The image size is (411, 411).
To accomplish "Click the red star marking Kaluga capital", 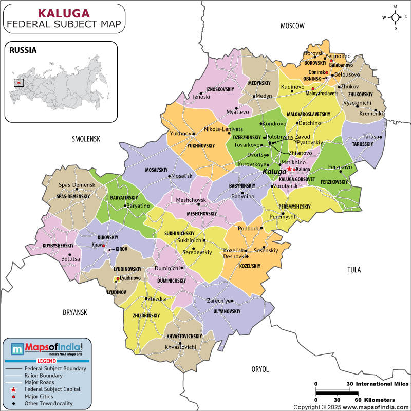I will click(289, 169).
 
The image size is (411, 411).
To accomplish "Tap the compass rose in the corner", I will click(395, 17).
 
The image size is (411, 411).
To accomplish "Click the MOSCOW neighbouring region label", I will click(293, 26).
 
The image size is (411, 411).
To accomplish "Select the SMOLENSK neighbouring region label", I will click(86, 139).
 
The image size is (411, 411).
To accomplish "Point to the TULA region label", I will click(354, 270).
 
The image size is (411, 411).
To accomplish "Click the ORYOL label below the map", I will click(260, 369).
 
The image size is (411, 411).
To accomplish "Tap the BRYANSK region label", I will click(76, 312).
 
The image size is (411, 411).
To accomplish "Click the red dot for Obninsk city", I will click(326, 73).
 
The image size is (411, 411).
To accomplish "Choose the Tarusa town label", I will click(370, 137).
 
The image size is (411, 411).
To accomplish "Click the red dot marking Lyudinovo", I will click(118, 279).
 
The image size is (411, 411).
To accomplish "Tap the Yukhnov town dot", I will click(195, 134).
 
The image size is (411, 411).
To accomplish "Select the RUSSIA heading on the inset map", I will click(23, 50).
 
